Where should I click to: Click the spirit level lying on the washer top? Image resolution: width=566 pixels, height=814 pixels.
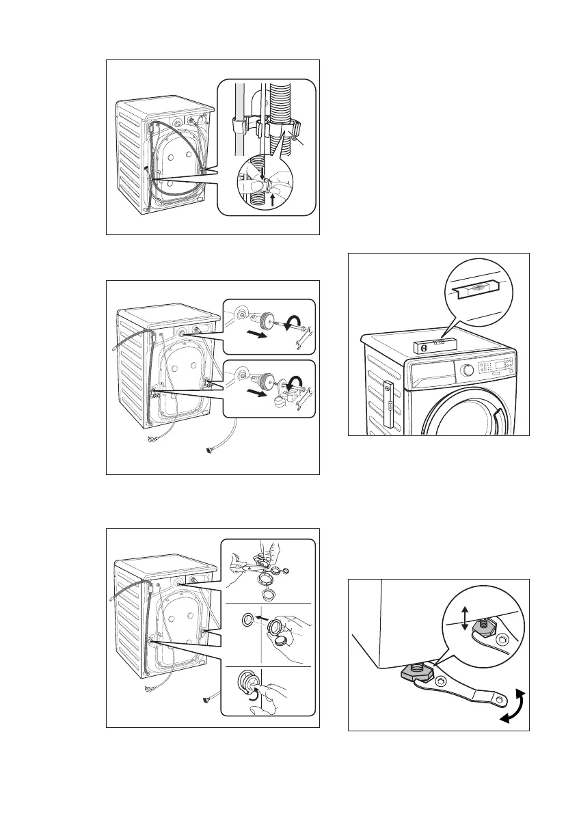point(432,343)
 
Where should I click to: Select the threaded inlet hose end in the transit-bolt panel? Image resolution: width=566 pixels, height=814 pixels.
point(211,450)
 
